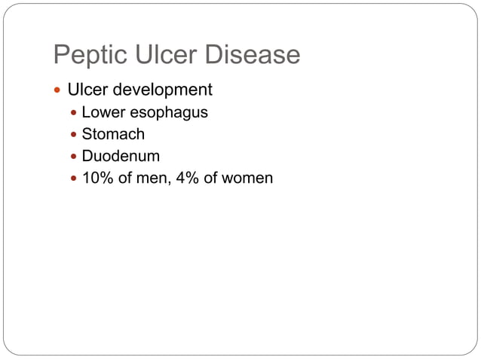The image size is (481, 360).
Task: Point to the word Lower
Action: click(103, 113)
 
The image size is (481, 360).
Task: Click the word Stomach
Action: click(113, 135)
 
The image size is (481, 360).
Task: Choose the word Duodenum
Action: click(121, 157)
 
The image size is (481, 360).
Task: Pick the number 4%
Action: click(188, 178)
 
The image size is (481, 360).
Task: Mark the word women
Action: click(247, 178)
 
